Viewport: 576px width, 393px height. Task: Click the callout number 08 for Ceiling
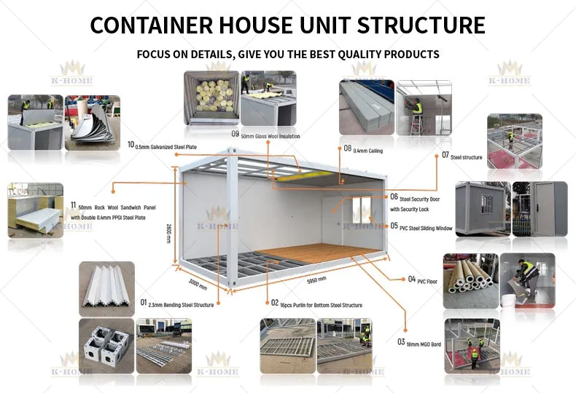click(347, 148)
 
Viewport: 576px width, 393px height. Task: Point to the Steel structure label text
click(466, 156)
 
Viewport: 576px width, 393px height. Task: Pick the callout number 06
click(394, 196)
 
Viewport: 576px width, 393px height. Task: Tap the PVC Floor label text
click(426, 280)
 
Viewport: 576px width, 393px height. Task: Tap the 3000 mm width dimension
click(198, 282)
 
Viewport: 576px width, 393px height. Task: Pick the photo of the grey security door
click(540, 208)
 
